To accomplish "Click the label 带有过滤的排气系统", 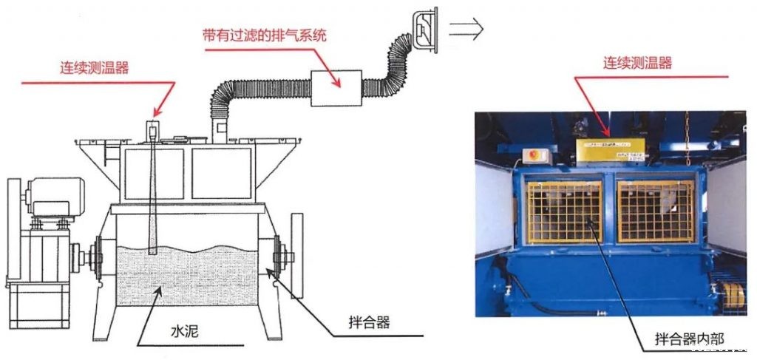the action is coord(265,35).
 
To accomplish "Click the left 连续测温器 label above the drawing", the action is coord(95,67).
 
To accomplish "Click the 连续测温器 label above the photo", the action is coord(638,64).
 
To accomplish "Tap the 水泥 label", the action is coord(185,332).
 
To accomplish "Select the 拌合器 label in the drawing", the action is coord(369,323).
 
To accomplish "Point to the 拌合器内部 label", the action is coord(690,339).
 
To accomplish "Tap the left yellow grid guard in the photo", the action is coord(564,212).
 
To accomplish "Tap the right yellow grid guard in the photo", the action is coord(655,211).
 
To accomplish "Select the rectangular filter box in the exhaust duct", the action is coord(336,88).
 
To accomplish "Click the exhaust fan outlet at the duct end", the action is coord(424,30).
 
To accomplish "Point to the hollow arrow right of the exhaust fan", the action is coord(466,30).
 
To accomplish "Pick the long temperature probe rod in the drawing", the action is coord(152,189).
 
